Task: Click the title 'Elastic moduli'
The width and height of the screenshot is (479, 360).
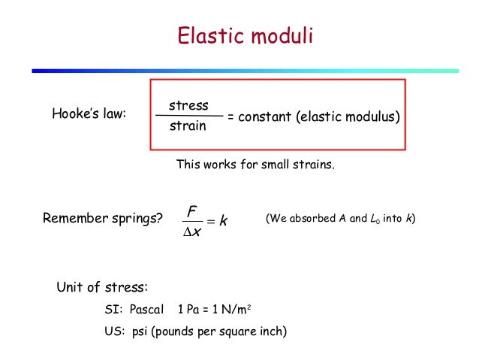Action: click(x=244, y=37)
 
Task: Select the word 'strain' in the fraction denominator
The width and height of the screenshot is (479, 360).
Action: click(x=188, y=126)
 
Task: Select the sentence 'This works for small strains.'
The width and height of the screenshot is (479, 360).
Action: click(x=255, y=164)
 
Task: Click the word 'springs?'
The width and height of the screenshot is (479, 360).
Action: click(x=137, y=219)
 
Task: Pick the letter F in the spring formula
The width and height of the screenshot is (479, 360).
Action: click(x=191, y=204)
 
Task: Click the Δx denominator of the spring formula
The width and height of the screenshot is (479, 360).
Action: click(x=192, y=233)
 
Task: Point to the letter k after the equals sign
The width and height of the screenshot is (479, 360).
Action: click(x=224, y=220)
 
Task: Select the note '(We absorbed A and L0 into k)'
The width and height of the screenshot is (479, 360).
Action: click(x=341, y=219)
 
